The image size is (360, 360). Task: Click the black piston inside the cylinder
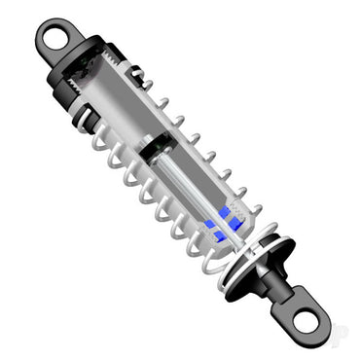coord(155,152)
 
